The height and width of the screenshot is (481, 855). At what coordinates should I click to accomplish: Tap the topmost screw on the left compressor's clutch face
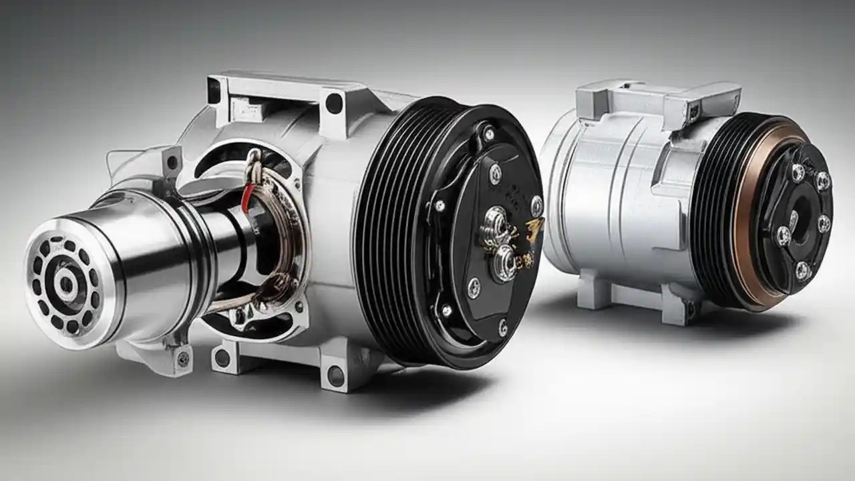(x=489, y=134)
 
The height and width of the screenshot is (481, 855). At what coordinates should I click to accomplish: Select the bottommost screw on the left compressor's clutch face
(x=502, y=327)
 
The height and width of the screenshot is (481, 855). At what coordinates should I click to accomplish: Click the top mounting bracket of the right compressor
(x=658, y=100)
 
